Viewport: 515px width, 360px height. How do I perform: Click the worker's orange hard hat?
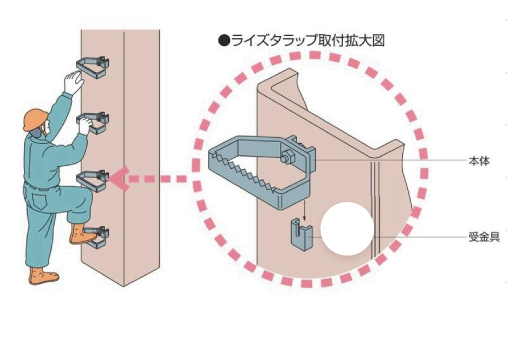(35, 119)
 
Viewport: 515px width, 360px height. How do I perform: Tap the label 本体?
(479, 161)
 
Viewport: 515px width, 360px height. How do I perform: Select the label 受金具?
(484, 237)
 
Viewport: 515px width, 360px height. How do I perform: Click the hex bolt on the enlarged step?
(286, 157)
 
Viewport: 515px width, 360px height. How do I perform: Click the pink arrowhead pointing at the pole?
(119, 179)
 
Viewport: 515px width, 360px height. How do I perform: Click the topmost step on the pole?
(93, 67)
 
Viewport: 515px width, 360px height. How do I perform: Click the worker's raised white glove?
(73, 82)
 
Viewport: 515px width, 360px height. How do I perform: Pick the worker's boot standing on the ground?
(43, 276)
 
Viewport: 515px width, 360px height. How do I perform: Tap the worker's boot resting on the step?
(82, 234)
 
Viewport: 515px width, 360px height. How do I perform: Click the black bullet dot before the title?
(224, 41)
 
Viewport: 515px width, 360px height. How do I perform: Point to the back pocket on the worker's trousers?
(38, 201)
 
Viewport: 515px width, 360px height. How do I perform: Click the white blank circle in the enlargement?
(347, 229)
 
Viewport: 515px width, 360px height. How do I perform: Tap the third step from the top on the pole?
(93, 181)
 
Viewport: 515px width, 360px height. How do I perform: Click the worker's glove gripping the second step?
(85, 124)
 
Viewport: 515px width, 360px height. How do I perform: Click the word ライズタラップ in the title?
(274, 41)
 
